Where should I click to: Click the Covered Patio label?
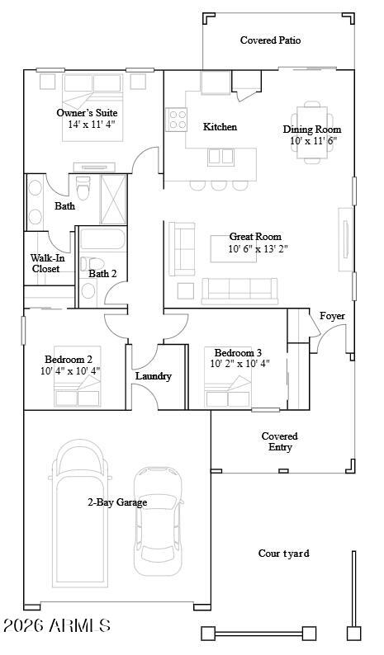click(x=270, y=40)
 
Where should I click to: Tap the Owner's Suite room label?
click(x=87, y=112)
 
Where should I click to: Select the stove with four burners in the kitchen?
click(x=178, y=120)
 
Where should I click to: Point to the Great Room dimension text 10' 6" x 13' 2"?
click(x=258, y=248)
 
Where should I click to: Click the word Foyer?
click(x=332, y=316)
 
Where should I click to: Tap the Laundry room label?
click(x=154, y=376)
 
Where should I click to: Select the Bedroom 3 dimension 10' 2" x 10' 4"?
click(x=239, y=363)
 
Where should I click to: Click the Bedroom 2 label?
click(x=73, y=359)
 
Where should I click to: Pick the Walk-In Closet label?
click(x=46, y=263)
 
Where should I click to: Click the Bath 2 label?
click(x=102, y=274)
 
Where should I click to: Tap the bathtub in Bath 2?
click(x=101, y=242)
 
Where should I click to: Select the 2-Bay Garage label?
click(x=117, y=502)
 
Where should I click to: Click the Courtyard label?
click(x=283, y=554)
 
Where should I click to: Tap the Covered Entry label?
click(x=280, y=441)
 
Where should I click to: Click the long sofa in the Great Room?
click(x=239, y=290)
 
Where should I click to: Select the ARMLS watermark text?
click(x=57, y=626)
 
